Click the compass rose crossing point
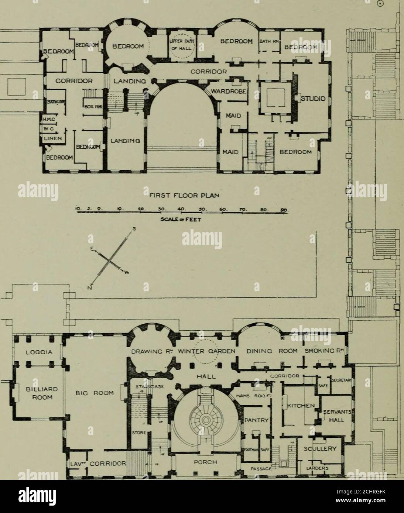[x=110, y=261]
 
